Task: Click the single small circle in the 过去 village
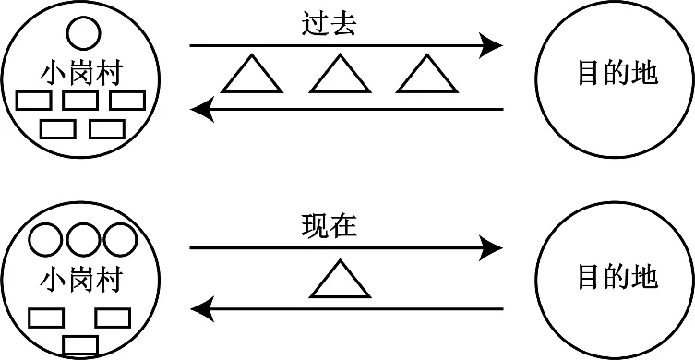coord(82,34)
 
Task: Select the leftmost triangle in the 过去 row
coord(252,76)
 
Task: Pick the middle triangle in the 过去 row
coord(339,76)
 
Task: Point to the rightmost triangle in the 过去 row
coord(426,76)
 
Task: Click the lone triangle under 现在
coord(339,280)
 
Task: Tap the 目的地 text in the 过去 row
coord(617,74)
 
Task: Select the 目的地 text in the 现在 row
coord(617,277)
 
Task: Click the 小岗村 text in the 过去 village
coord(82,72)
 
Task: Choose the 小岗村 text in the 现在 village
coord(82,279)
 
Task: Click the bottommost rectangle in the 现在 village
coord(80,345)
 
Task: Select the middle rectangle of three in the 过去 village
coord(82,100)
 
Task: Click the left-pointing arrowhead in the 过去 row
coord(202,110)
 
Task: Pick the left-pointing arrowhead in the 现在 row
coord(202,308)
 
